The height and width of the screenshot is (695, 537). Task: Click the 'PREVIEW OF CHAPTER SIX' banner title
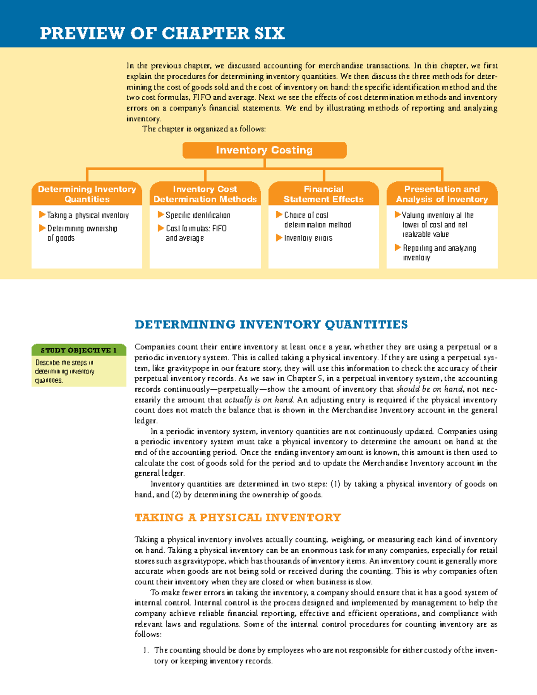coord(162,34)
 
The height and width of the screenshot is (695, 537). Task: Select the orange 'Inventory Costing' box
coord(264,150)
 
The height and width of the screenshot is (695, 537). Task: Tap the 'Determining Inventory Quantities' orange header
coord(87,194)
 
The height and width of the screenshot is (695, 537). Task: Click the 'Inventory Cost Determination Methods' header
coord(205,194)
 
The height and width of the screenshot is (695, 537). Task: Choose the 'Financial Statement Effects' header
coord(324,194)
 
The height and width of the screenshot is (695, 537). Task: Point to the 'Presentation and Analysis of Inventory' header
coord(442,194)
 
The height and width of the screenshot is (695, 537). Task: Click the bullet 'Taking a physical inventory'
coord(88,215)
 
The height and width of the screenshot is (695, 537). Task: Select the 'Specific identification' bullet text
coord(198,215)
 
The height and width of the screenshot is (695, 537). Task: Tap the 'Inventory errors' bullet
coord(308,238)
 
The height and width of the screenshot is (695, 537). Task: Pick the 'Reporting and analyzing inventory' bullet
coord(439,248)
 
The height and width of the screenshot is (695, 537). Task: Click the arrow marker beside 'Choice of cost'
coord(279,215)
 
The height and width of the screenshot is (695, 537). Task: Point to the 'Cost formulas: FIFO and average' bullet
coord(196,229)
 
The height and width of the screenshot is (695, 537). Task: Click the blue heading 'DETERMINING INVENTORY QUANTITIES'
coord(271,324)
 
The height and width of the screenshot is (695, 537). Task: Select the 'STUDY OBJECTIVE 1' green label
coord(78,350)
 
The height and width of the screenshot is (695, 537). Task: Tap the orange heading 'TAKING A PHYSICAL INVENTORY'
coord(238,518)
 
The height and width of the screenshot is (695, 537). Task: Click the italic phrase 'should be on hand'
coord(430,389)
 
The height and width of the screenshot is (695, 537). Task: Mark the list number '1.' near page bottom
coord(145,650)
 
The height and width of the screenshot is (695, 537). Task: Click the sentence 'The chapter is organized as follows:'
coord(204,129)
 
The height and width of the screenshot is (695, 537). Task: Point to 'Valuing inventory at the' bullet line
coord(437,215)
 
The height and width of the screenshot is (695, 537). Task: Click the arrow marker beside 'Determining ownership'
coord(42,228)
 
